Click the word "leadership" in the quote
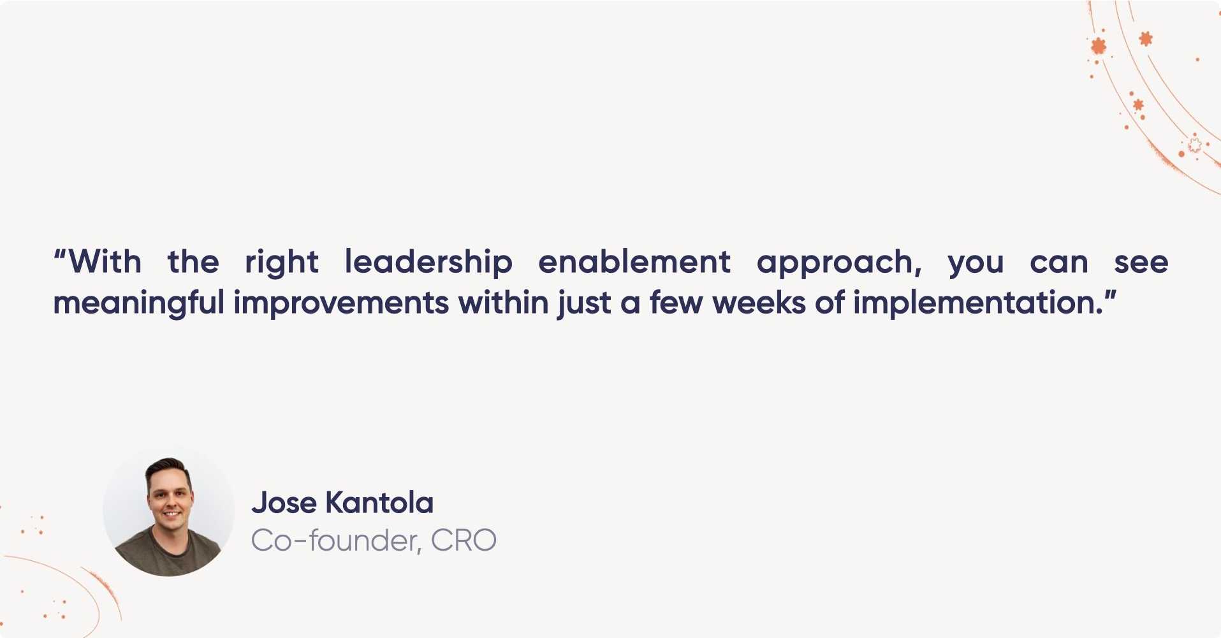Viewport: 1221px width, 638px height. click(x=428, y=262)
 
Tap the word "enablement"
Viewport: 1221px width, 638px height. click(x=634, y=261)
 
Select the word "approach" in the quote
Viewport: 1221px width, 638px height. click(x=835, y=263)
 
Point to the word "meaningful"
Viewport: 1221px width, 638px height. click(x=138, y=303)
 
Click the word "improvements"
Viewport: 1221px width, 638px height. click(x=341, y=303)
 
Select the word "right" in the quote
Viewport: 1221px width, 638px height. click(x=282, y=263)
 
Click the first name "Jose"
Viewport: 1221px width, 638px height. click(x=284, y=502)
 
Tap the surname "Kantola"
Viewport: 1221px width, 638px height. click(x=379, y=502)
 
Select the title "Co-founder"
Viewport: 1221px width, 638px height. click(x=335, y=540)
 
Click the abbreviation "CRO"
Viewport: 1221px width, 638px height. click(x=464, y=540)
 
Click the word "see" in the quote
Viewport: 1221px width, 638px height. click(x=1141, y=263)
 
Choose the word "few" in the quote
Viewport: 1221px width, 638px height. click(x=676, y=302)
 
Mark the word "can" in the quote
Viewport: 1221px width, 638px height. click(x=1059, y=263)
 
